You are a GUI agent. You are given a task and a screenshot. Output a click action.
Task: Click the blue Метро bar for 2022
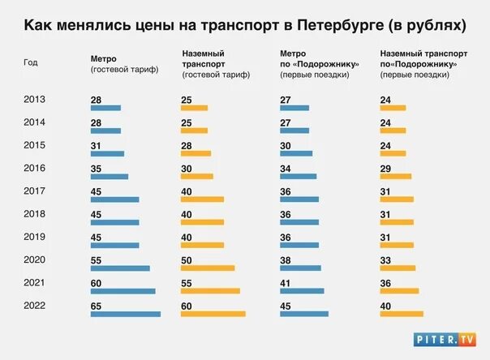[125, 314]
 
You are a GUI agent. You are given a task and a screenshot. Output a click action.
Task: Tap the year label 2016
[35, 168]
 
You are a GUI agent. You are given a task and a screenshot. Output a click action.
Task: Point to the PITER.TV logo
[445, 339]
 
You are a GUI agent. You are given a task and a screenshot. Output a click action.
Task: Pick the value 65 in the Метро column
[96, 305]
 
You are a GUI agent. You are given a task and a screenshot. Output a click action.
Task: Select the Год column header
[31, 62]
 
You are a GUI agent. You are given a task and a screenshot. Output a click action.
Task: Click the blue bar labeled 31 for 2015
[107, 153]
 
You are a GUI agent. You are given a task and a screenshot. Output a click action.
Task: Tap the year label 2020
[35, 259]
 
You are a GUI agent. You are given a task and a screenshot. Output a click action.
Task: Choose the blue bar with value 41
[302, 291]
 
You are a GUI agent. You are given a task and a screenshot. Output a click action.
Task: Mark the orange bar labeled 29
[395, 176]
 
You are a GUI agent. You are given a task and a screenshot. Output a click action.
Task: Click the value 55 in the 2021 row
[186, 282]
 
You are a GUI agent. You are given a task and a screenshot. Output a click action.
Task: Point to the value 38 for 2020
[286, 259]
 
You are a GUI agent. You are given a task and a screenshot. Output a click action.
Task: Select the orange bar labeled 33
[397, 268]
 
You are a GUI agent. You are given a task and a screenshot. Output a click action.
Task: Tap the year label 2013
[35, 99]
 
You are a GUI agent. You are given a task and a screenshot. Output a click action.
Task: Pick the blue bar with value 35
[109, 176]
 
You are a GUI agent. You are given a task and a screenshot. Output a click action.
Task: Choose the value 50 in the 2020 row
[186, 259]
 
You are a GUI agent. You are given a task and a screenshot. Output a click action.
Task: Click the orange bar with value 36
[398, 291]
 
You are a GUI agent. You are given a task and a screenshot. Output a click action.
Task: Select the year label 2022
[35, 305]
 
